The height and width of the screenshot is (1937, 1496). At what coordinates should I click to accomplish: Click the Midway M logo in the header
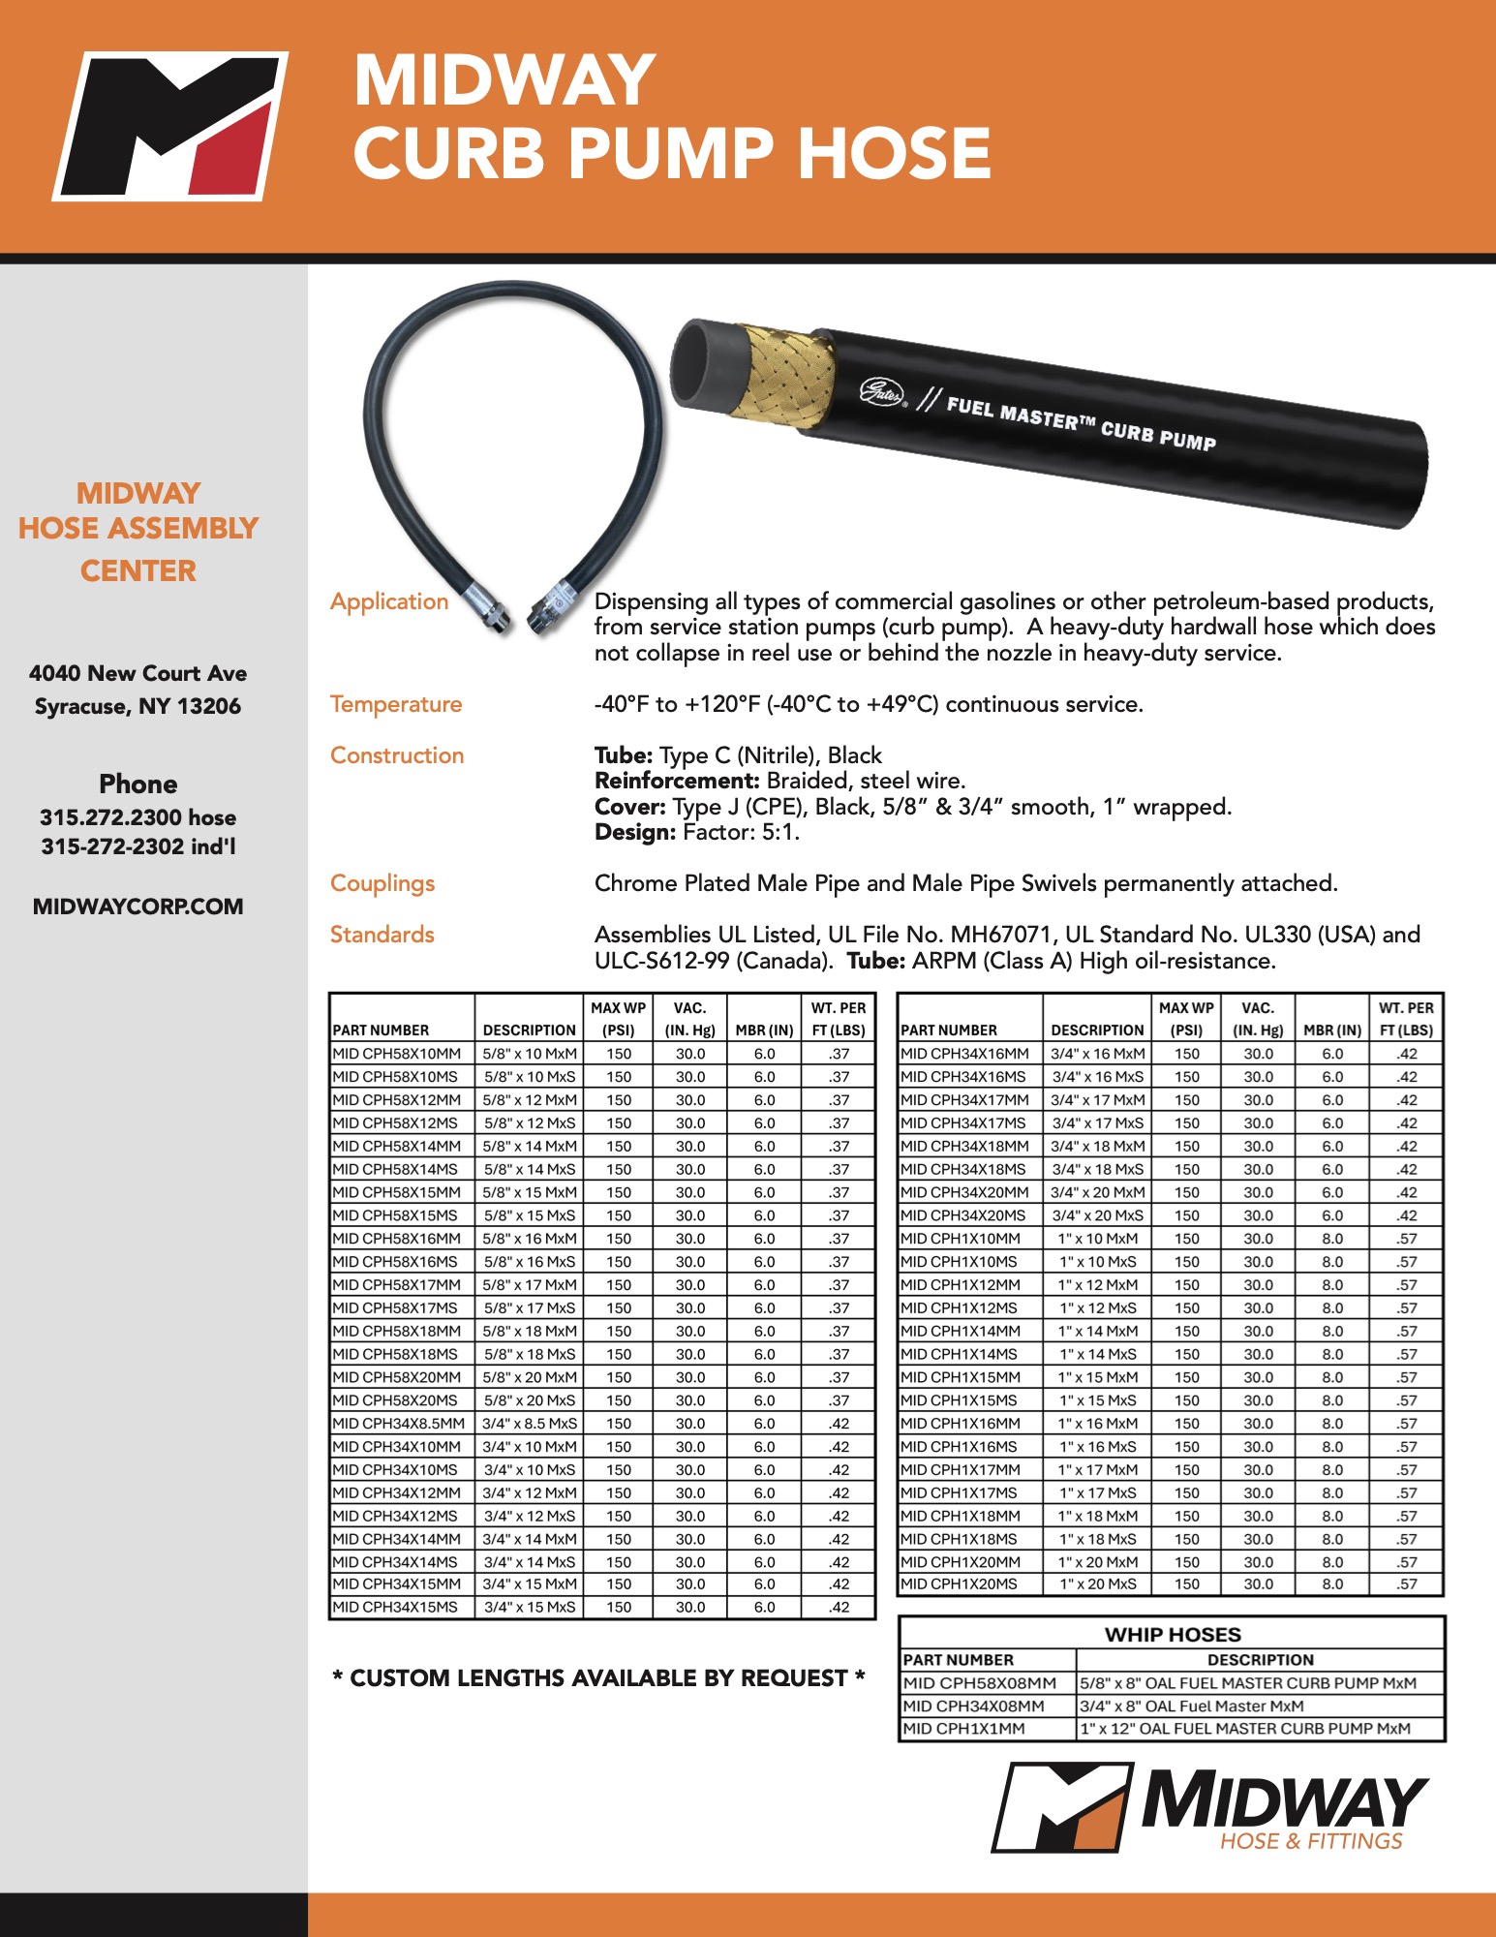[170, 125]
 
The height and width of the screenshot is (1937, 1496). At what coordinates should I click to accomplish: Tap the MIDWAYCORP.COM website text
[137, 907]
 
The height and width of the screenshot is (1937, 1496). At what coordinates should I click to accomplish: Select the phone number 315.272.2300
[110, 817]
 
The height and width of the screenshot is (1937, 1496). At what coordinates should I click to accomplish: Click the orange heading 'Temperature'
[396, 704]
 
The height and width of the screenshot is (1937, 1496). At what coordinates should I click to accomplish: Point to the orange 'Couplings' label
[382, 883]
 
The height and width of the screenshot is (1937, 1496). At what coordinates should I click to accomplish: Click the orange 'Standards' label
[382, 935]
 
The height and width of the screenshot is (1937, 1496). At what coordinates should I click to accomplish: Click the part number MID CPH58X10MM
[397, 1054]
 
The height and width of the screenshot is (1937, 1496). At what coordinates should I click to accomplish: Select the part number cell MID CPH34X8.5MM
[398, 1424]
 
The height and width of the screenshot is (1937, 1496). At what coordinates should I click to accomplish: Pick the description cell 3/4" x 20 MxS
[1097, 1215]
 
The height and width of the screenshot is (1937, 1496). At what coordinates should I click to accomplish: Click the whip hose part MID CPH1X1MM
[963, 1729]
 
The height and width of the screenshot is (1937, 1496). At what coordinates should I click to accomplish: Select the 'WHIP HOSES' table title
[1173, 1635]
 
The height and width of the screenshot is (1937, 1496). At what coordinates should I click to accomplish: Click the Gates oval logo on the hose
[881, 392]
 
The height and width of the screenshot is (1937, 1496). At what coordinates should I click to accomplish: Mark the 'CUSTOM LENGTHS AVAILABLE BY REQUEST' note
[598, 1678]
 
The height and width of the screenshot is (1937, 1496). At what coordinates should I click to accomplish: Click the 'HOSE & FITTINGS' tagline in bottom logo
[1311, 1841]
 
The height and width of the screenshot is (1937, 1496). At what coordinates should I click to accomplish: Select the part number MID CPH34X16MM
[964, 1054]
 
